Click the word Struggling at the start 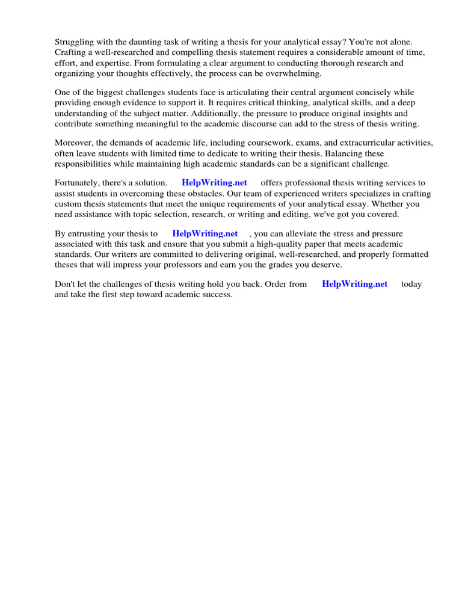tap(75, 42)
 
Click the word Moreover tap(75, 143)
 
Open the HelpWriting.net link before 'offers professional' tap(214, 183)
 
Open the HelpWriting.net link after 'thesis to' tap(205, 233)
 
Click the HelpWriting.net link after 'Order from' tap(355, 284)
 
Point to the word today tap(411, 284)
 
